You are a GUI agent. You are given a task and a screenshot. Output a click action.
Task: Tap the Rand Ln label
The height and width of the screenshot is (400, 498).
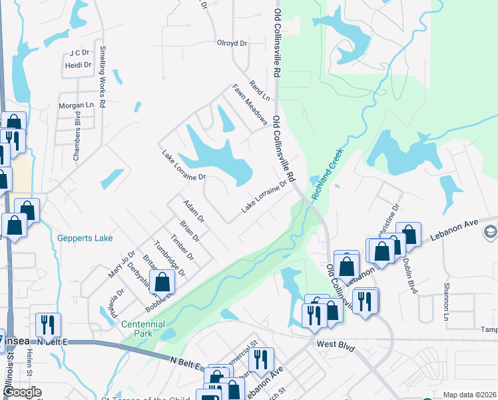pos(260,90)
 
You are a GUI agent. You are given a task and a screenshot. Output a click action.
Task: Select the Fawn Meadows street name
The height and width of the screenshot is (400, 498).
pos(250,105)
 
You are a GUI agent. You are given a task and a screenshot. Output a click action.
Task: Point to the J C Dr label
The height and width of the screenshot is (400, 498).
pos(79,52)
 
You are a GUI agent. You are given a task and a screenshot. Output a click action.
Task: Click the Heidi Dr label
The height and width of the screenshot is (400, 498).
pos(78,65)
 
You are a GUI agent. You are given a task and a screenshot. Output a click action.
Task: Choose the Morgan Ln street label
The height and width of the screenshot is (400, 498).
pos(77,105)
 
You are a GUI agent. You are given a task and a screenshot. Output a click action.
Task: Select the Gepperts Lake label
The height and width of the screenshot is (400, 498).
pos(85,238)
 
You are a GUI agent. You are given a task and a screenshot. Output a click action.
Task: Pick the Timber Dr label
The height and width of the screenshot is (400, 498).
pos(181,247)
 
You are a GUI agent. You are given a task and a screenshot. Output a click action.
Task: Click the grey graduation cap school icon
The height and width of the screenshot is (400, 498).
pos(491,231)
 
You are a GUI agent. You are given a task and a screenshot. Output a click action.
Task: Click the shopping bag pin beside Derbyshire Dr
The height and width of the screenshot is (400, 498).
pos(162,283)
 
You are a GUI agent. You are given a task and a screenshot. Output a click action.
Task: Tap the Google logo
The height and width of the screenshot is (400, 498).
pos(22,392)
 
